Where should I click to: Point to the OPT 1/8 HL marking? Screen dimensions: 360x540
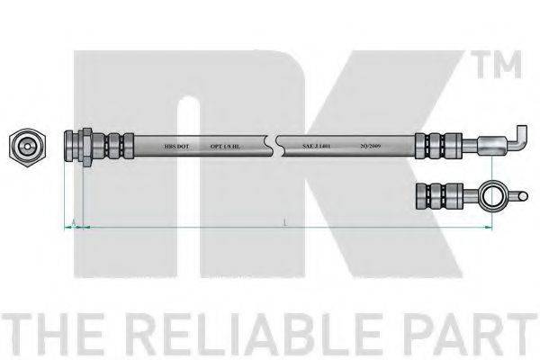tap(224, 144)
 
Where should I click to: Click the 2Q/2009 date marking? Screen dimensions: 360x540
tap(369, 144)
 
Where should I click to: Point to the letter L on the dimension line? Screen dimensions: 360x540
tap(284, 221)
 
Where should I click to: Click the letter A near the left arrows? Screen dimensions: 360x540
tap(71, 220)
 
